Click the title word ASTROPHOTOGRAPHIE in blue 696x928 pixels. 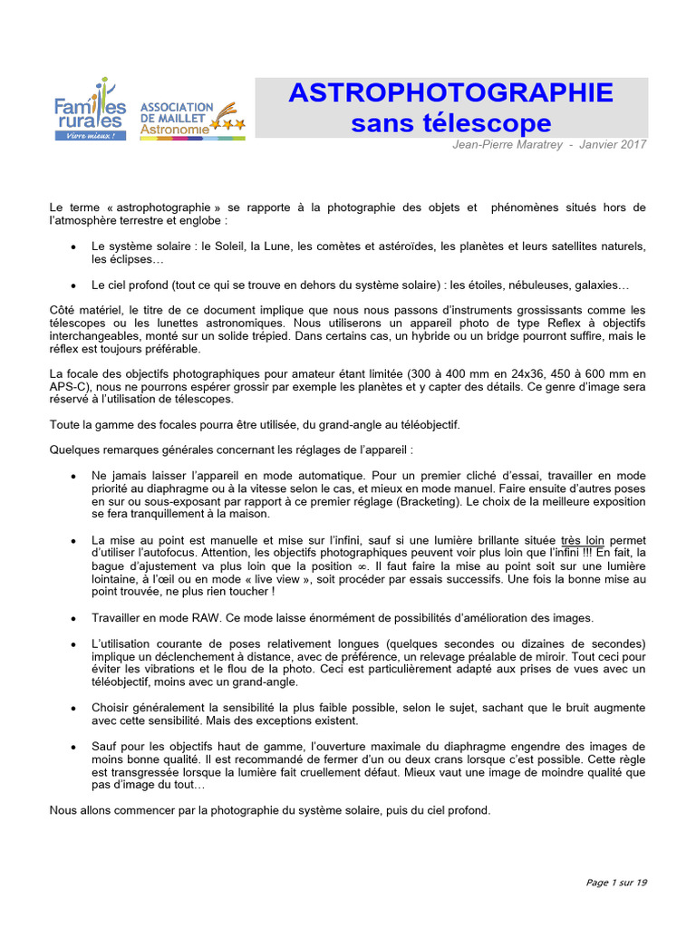[450, 93]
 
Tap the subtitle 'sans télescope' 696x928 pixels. [450, 123]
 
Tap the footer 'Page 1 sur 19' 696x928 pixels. [616, 883]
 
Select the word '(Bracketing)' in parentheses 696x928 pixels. [429, 500]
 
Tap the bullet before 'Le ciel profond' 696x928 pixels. [72, 285]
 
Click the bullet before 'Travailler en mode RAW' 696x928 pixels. [72, 618]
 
